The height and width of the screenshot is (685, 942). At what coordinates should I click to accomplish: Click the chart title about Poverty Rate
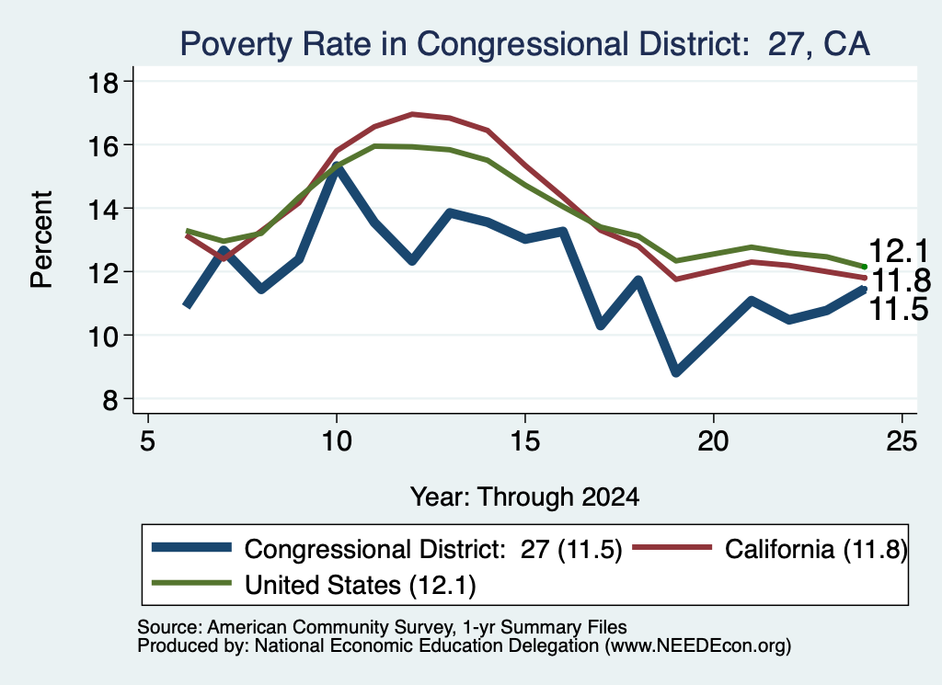[x=524, y=44]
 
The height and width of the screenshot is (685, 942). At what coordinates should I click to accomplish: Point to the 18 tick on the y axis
[x=103, y=82]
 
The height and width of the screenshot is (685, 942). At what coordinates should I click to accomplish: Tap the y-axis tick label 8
[x=110, y=399]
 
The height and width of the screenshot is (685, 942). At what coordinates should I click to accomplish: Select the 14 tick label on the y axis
[x=103, y=209]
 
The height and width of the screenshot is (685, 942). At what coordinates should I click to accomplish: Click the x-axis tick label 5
[x=148, y=442]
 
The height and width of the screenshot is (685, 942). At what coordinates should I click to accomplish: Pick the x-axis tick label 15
[x=525, y=442]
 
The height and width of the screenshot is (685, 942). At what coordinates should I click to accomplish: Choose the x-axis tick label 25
[x=902, y=442]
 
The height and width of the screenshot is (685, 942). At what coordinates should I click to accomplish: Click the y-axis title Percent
[x=41, y=240]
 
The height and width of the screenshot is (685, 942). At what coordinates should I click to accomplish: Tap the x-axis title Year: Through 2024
[x=524, y=497]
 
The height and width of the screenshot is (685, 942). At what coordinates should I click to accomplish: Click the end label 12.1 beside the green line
[x=900, y=251]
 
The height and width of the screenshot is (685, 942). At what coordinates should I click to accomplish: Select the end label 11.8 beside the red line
[x=901, y=280]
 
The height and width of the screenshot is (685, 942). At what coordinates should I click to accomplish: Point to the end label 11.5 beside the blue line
[x=900, y=309]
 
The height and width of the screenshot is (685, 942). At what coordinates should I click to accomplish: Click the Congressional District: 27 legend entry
[x=387, y=549]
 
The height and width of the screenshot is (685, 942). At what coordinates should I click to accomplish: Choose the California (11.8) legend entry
[x=771, y=549]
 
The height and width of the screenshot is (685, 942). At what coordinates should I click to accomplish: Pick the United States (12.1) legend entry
[x=314, y=585]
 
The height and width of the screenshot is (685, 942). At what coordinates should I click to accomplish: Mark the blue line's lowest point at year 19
[x=676, y=372]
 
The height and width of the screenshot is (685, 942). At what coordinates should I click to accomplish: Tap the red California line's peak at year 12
[x=412, y=113]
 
